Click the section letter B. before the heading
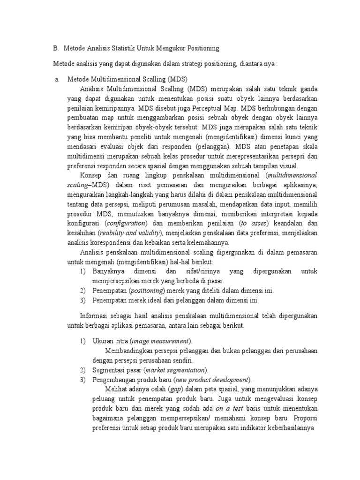point(56,48)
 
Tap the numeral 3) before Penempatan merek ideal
point(82,300)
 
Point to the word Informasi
point(95,316)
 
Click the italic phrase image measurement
point(161,341)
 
